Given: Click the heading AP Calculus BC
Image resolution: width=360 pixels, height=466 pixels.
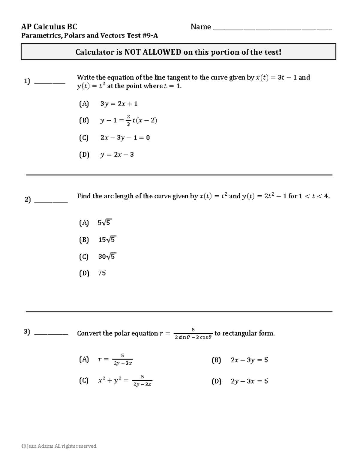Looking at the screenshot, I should tap(49, 27).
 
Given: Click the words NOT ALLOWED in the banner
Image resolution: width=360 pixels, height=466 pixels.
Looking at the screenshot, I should tap(153, 52).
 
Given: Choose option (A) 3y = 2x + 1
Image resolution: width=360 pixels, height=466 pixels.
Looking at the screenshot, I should tap(119, 104).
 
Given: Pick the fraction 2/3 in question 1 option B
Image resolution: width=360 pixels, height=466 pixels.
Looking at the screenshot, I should tap(128, 120).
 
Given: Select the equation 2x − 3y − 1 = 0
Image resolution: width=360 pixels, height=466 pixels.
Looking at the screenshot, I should tap(125, 138).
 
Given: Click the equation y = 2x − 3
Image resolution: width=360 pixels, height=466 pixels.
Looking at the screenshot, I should tap(117, 155).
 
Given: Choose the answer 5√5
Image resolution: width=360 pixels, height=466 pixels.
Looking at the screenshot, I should tap(105, 223).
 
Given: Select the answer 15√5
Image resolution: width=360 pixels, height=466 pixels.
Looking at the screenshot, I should tap(107, 240).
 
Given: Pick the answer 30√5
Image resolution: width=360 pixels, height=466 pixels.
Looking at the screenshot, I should tap(107, 257).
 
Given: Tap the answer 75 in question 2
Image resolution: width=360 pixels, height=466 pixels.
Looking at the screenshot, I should tap(102, 273).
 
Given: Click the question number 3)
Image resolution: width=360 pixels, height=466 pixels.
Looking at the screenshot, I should tap(27, 332).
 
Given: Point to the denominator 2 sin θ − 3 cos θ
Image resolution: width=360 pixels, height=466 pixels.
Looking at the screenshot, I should tap(193, 337).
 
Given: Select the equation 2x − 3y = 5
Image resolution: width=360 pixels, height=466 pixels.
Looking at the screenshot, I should tap(249, 360).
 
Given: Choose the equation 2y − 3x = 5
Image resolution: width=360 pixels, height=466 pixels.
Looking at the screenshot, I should tap(249, 381).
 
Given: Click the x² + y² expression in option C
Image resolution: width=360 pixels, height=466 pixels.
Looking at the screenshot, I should tap(109, 381).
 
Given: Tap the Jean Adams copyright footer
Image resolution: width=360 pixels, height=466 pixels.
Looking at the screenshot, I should tap(59, 446).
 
